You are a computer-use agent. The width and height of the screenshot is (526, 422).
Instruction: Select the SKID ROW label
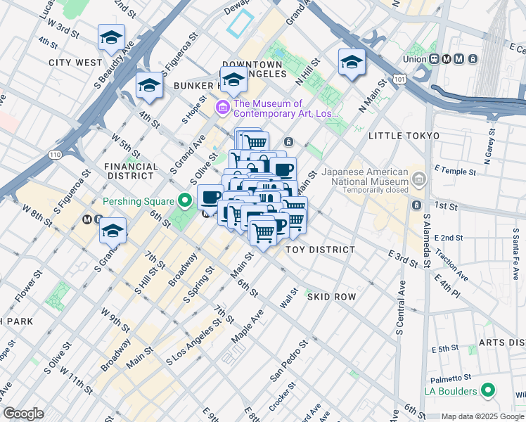(x=332, y=297)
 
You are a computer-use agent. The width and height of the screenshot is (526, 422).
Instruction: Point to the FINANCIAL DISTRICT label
(x=131, y=172)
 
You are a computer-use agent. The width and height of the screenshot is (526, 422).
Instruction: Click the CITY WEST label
(x=75, y=63)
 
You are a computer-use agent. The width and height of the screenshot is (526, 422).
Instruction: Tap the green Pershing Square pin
(x=186, y=201)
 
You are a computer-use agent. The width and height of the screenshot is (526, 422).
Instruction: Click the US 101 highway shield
(x=399, y=80)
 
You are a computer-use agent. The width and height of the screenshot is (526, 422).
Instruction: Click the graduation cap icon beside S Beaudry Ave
(x=111, y=38)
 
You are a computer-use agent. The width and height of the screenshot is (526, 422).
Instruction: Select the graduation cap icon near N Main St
(x=352, y=62)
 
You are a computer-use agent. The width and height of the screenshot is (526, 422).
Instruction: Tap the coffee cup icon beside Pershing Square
(x=210, y=197)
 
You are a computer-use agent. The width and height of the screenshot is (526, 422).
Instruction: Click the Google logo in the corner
(x=23, y=414)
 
